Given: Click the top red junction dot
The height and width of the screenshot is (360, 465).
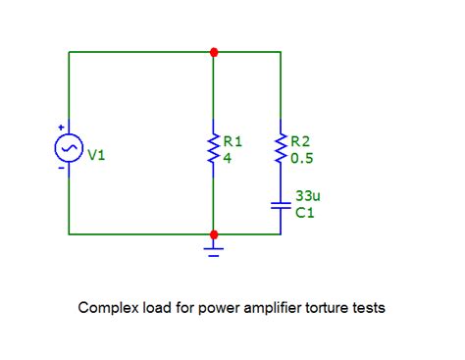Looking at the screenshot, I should (x=213, y=51).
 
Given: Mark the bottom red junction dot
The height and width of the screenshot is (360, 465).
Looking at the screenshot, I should (x=213, y=234).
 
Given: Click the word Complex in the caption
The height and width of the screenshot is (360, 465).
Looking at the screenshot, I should (x=105, y=308).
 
